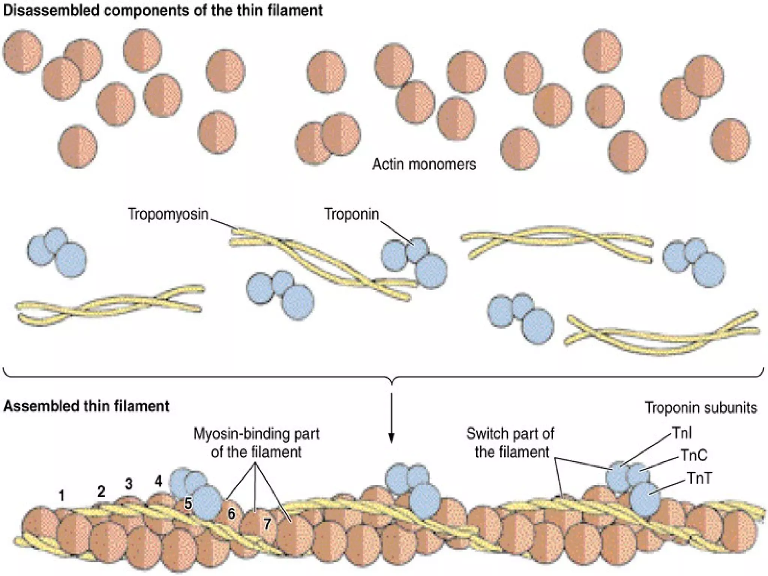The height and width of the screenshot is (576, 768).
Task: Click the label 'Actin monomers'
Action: click(x=424, y=164)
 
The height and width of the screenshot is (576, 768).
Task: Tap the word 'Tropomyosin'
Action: click(x=168, y=214)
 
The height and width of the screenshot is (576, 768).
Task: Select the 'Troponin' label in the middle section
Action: click(x=351, y=214)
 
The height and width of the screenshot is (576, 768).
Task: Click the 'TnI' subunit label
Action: click(x=682, y=433)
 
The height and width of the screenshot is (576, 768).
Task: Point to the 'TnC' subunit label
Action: click(x=694, y=455)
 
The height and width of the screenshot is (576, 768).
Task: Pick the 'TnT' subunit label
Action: click(x=699, y=478)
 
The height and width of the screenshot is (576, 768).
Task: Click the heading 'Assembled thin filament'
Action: click(x=86, y=406)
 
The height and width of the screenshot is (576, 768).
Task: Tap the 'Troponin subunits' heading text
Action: click(x=700, y=407)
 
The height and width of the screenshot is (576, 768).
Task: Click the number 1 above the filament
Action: click(x=62, y=496)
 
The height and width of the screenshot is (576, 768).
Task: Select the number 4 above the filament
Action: click(x=159, y=481)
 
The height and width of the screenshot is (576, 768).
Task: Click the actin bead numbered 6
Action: click(x=231, y=513)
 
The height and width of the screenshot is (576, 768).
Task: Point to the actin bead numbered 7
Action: click(x=267, y=523)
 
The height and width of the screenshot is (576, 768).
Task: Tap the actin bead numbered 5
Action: click(x=188, y=504)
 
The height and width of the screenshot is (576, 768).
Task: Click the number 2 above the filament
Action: click(x=101, y=491)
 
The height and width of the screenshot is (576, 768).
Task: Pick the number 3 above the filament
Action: click(x=129, y=484)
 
